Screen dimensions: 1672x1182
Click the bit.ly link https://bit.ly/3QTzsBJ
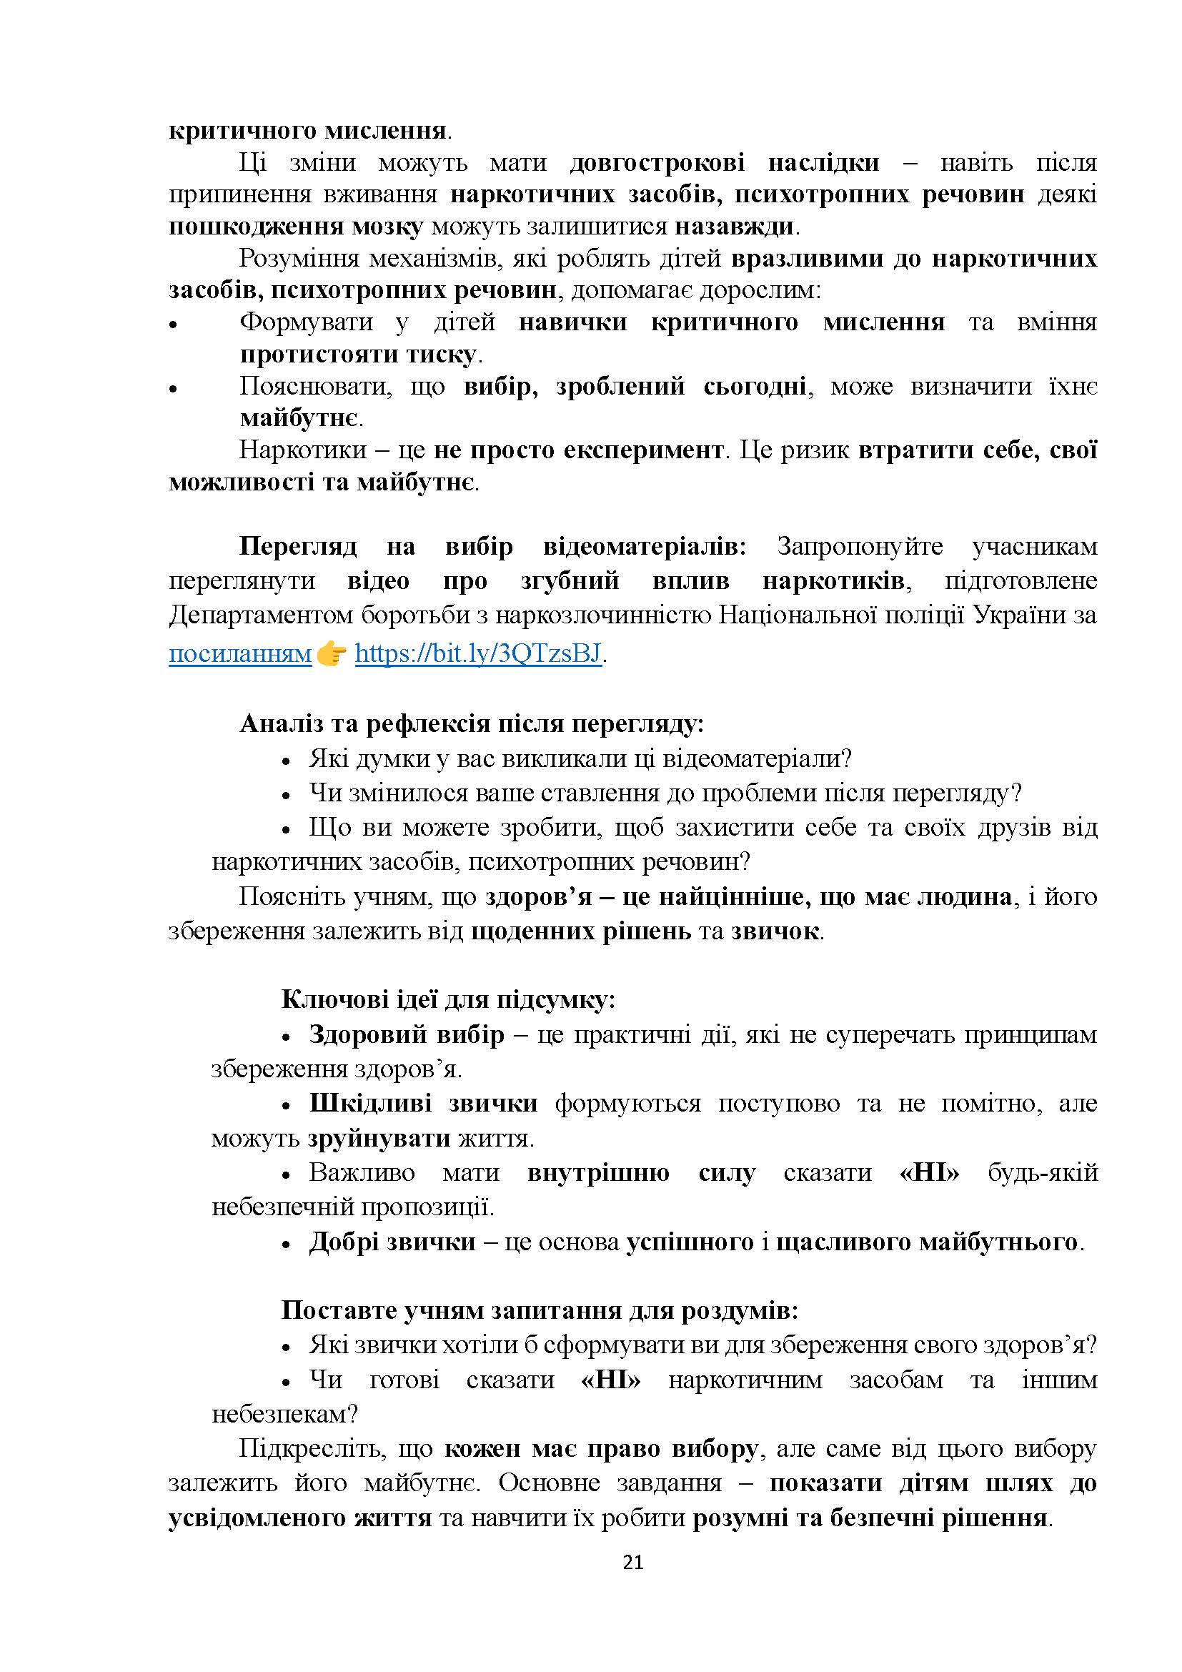(478, 654)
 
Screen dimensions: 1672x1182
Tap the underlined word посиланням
(240, 654)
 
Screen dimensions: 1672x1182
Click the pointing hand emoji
(331, 654)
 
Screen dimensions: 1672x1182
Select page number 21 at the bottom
(633, 1562)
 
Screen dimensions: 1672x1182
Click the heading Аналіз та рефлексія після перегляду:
(472, 723)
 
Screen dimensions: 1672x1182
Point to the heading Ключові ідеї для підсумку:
(448, 1000)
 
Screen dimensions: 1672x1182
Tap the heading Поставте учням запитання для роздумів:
(540, 1310)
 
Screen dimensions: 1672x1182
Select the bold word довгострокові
(657, 162)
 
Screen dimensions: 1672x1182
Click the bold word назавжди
(735, 227)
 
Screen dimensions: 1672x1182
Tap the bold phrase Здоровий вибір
(406, 1034)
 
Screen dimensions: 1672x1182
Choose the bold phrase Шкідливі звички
(423, 1103)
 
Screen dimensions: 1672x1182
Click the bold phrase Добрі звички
(392, 1241)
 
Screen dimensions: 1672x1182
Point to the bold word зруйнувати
(379, 1137)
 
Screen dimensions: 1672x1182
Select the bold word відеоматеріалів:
(645, 546)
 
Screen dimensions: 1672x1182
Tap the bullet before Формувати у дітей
(173, 325)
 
